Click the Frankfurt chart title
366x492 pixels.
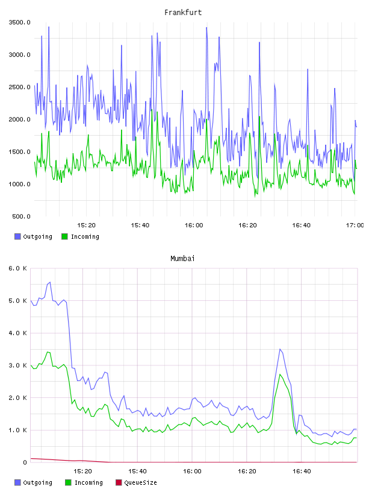[183, 12]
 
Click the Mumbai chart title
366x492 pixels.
[182, 258]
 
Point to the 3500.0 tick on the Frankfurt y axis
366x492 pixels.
[19, 22]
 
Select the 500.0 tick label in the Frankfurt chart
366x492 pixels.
[21, 216]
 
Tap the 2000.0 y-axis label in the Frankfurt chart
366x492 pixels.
[19, 119]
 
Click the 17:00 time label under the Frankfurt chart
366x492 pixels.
[355, 225]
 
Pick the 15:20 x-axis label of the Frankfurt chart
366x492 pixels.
[86, 225]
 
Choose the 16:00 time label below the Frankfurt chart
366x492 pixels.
[194, 225]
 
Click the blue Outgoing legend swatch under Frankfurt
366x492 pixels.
[17, 236]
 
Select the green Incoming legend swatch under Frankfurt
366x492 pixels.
[64, 236]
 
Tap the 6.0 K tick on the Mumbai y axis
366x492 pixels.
[17, 268]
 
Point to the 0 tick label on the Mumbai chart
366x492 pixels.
[25, 462]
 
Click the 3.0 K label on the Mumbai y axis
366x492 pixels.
[17, 365]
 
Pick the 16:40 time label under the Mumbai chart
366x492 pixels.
[302, 471]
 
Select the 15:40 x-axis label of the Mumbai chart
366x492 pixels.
[137, 471]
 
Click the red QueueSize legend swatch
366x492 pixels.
[119, 482]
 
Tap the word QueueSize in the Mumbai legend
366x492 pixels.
[140, 482]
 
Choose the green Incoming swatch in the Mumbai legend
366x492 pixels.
[68, 482]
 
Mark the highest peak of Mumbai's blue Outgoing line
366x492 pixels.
[50, 282]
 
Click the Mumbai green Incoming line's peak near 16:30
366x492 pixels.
[280, 374]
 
